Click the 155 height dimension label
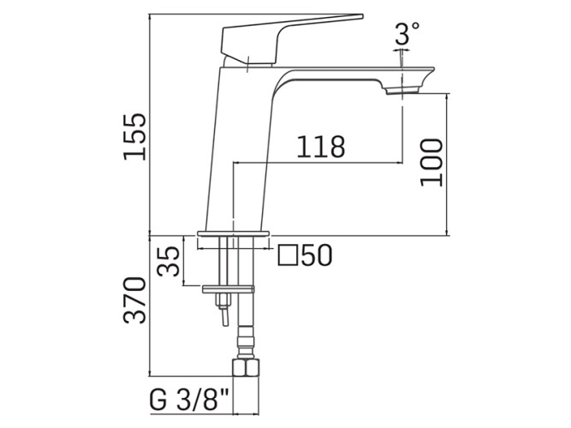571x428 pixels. [134, 137]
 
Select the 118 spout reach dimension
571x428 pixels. [321, 146]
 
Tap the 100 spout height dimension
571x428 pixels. [431, 163]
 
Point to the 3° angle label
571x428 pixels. [407, 33]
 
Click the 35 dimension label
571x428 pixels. [169, 261]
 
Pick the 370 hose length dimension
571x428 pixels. [134, 300]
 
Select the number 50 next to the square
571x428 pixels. [317, 255]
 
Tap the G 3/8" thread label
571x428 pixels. [188, 400]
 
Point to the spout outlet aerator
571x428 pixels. [403, 90]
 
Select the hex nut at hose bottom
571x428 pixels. [246, 367]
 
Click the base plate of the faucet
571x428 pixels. [233, 234]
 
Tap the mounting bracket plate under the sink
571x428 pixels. [229, 289]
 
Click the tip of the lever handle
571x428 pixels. [363, 16]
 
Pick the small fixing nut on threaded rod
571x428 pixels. [223, 300]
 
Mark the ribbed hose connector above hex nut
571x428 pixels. [245, 342]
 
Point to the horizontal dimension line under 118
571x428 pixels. [318, 163]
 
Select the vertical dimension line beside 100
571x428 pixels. [448, 164]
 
